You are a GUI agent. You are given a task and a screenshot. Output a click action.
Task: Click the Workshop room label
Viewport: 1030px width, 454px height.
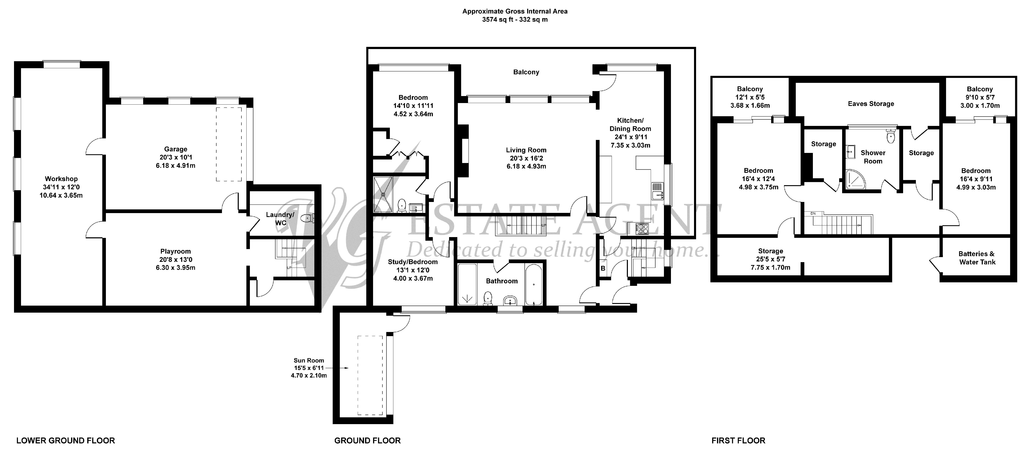coord(61,179)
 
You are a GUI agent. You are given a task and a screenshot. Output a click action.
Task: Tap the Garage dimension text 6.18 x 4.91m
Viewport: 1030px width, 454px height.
coord(176,166)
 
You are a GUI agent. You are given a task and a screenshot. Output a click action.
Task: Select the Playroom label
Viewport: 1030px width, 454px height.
coord(176,251)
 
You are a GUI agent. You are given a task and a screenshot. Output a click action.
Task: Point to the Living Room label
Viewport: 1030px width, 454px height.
coord(526,150)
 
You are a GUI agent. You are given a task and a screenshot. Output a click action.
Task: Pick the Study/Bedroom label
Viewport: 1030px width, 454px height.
coord(413,262)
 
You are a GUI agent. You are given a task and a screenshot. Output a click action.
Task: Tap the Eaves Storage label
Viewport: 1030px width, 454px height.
coord(871,104)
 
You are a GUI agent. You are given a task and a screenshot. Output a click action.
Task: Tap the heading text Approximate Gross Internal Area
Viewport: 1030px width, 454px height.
coord(515,11)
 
